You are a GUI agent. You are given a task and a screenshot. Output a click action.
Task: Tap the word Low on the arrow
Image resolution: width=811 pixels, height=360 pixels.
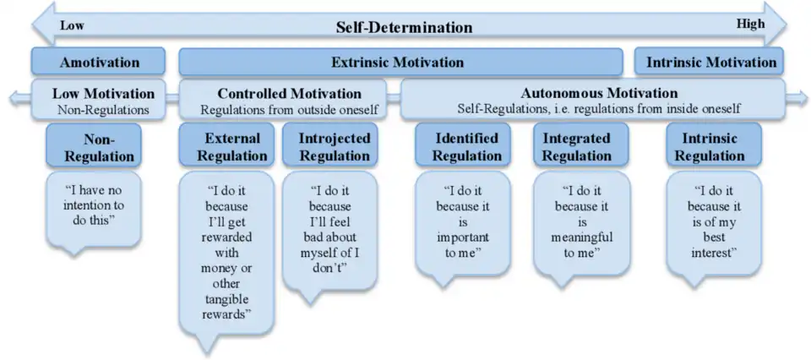pyautogui.click(x=72, y=25)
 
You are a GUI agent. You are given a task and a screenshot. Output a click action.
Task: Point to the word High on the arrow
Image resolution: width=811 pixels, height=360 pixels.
pyautogui.click(x=750, y=24)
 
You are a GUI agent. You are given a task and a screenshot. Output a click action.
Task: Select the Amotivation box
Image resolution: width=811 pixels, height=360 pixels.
pyautogui.click(x=99, y=63)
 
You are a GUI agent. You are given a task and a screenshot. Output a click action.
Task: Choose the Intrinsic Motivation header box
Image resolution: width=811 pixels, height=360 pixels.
pyautogui.click(x=710, y=62)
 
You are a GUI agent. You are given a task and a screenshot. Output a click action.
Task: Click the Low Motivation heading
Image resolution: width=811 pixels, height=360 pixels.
pyautogui.click(x=103, y=93)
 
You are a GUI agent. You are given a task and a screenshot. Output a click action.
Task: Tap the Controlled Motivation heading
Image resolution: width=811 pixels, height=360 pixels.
pyautogui.click(x=289, y=93)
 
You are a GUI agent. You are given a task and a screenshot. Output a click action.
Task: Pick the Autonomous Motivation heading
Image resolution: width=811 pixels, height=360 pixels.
pyautogui.click(x=599, y=92)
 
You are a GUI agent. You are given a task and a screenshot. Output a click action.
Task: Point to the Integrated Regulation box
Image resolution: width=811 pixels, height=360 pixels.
pyautogui.click(x=576, y=146)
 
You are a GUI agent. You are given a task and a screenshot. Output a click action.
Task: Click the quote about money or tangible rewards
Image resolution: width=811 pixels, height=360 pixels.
pyautogui.click(x=227, y=254)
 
